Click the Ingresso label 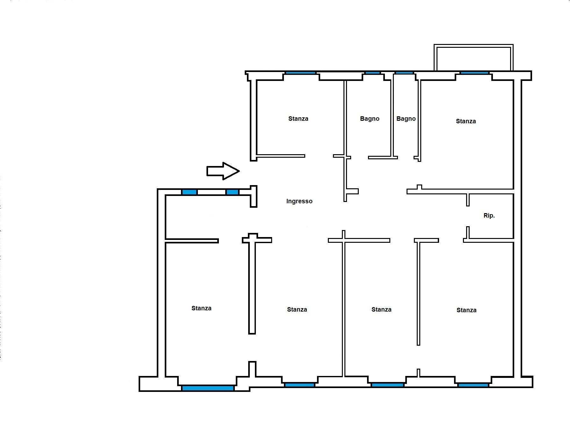(x=299, y=201)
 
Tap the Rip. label (x=489, y=215)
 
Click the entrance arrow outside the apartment (x=223, y=171)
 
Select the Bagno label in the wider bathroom (x=370, y=119)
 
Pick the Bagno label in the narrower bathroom (x=406, y=119)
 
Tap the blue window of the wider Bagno (x=372, y=73)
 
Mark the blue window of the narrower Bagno (x=404, y=73)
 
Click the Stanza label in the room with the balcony (x=466, y=121)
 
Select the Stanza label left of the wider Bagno (x=298, y=119)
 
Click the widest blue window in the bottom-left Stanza (x=208, y=388)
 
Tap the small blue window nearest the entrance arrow (x=232, y=192)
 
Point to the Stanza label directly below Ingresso (x=297, y=309)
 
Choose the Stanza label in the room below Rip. (x=466, y=310)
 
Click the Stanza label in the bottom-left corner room (x=201, y=308)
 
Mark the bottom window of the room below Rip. (x=473, y=385)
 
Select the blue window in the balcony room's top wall (x=474, y=73)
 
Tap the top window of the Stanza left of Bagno (x=300, y=73)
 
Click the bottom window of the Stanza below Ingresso (x=299, y=385)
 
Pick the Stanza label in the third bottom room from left (x=381, y=309)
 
